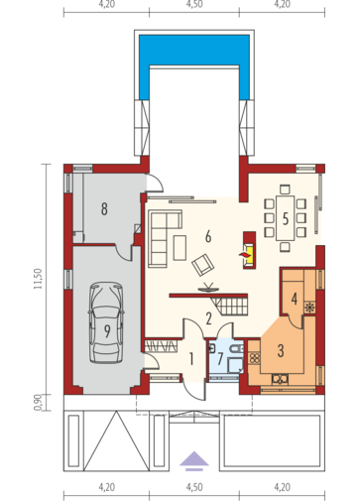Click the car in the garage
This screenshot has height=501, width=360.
click(x=106, y=322)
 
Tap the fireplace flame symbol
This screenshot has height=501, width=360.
click(x=244, y=254)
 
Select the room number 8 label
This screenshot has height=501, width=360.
click(x=104, y=209)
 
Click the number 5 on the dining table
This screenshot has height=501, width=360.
click(x=286, y=219)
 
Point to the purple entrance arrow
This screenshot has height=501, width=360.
click(x=194, y=460)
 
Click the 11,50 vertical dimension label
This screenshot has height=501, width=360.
click(x=38, y=279)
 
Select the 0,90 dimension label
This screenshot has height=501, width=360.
click(x=38, y=402)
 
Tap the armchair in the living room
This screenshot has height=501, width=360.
click(x=202, y=265)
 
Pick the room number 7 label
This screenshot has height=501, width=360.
click(x=220, y=359)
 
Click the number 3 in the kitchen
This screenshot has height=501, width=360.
click(x=281, y=351)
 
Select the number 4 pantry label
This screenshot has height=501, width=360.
click(x=294, y=299)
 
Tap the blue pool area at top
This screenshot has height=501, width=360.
click(x=194, y=51)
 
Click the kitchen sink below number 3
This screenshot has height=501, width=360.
click(x=280, y=379)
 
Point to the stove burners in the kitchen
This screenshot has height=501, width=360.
click(x=254, y=358)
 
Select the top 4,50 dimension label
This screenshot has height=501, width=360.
click(x=194, y=4)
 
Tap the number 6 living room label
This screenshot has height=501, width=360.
click(x=208, y=237)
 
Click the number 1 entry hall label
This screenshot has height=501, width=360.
click(x=191, y=359)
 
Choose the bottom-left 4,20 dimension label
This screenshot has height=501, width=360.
click(x=106, y=487)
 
